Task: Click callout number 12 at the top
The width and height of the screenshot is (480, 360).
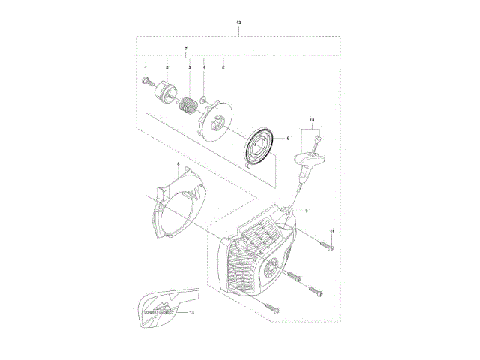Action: coord(238,23)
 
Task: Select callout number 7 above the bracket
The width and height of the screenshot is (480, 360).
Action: coord(185,49)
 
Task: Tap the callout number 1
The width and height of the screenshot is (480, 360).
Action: coord(146,67)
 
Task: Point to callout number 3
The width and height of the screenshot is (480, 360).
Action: coord(189,67)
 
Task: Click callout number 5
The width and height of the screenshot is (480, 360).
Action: coord(223,67)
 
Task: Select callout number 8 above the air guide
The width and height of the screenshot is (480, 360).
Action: coord(178,164)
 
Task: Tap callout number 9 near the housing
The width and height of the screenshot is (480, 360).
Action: coord(307,212)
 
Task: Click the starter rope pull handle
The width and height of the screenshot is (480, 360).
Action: coord(310,161)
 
